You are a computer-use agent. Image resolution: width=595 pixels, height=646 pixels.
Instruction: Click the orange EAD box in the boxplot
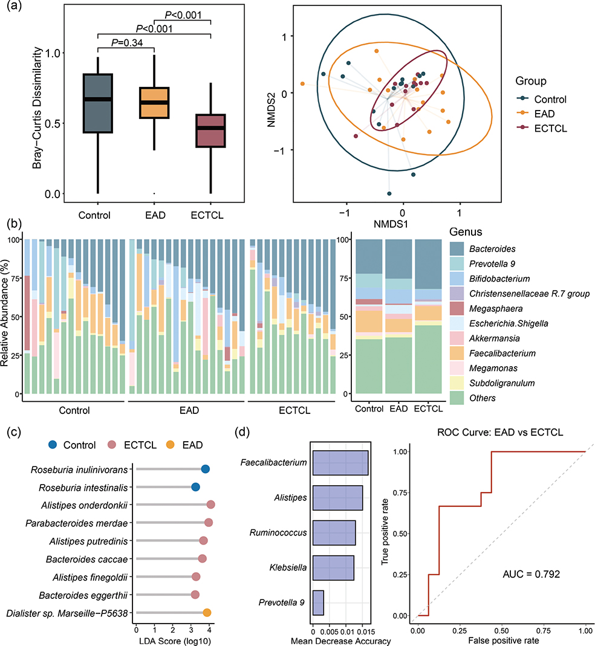[x=154, y=103]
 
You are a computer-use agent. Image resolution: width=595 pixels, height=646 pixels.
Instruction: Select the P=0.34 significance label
[x=127, y=42]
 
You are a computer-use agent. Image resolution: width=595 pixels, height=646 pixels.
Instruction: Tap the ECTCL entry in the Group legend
[x=542, y=129]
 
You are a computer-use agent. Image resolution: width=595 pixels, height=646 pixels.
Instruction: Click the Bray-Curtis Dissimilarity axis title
[x=37, y=108]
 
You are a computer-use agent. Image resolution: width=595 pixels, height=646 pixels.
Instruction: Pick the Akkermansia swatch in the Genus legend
[x=457, y=338]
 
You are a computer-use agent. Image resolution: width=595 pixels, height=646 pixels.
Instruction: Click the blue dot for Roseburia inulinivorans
[x=205, y=470]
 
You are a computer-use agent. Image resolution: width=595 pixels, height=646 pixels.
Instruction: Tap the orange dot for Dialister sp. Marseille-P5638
[x=207, y=613]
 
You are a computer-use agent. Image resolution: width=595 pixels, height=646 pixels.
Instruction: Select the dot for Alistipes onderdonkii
[x=210, y=505]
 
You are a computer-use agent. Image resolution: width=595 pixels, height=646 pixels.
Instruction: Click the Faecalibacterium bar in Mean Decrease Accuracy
[x=340, y=463]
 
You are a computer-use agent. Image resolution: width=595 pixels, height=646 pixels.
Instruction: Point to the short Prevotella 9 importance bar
[x=318, y=602]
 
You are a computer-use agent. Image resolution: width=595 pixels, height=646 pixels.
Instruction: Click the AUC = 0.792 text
[x=531, y=574]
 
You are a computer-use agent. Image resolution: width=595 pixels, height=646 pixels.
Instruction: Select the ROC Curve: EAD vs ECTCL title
[x=500, y=432]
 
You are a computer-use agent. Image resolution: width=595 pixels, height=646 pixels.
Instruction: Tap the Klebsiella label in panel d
[x=288, y=567]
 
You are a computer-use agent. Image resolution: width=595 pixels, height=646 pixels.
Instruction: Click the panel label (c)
[x=15, y=432]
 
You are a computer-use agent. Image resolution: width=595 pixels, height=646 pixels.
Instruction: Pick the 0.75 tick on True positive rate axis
[x=400, y=493]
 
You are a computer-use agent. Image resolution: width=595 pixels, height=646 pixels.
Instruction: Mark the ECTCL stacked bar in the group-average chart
[x=428, y=317]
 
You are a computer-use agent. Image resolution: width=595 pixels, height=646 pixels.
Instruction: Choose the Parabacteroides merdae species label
[x=77, y=523]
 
